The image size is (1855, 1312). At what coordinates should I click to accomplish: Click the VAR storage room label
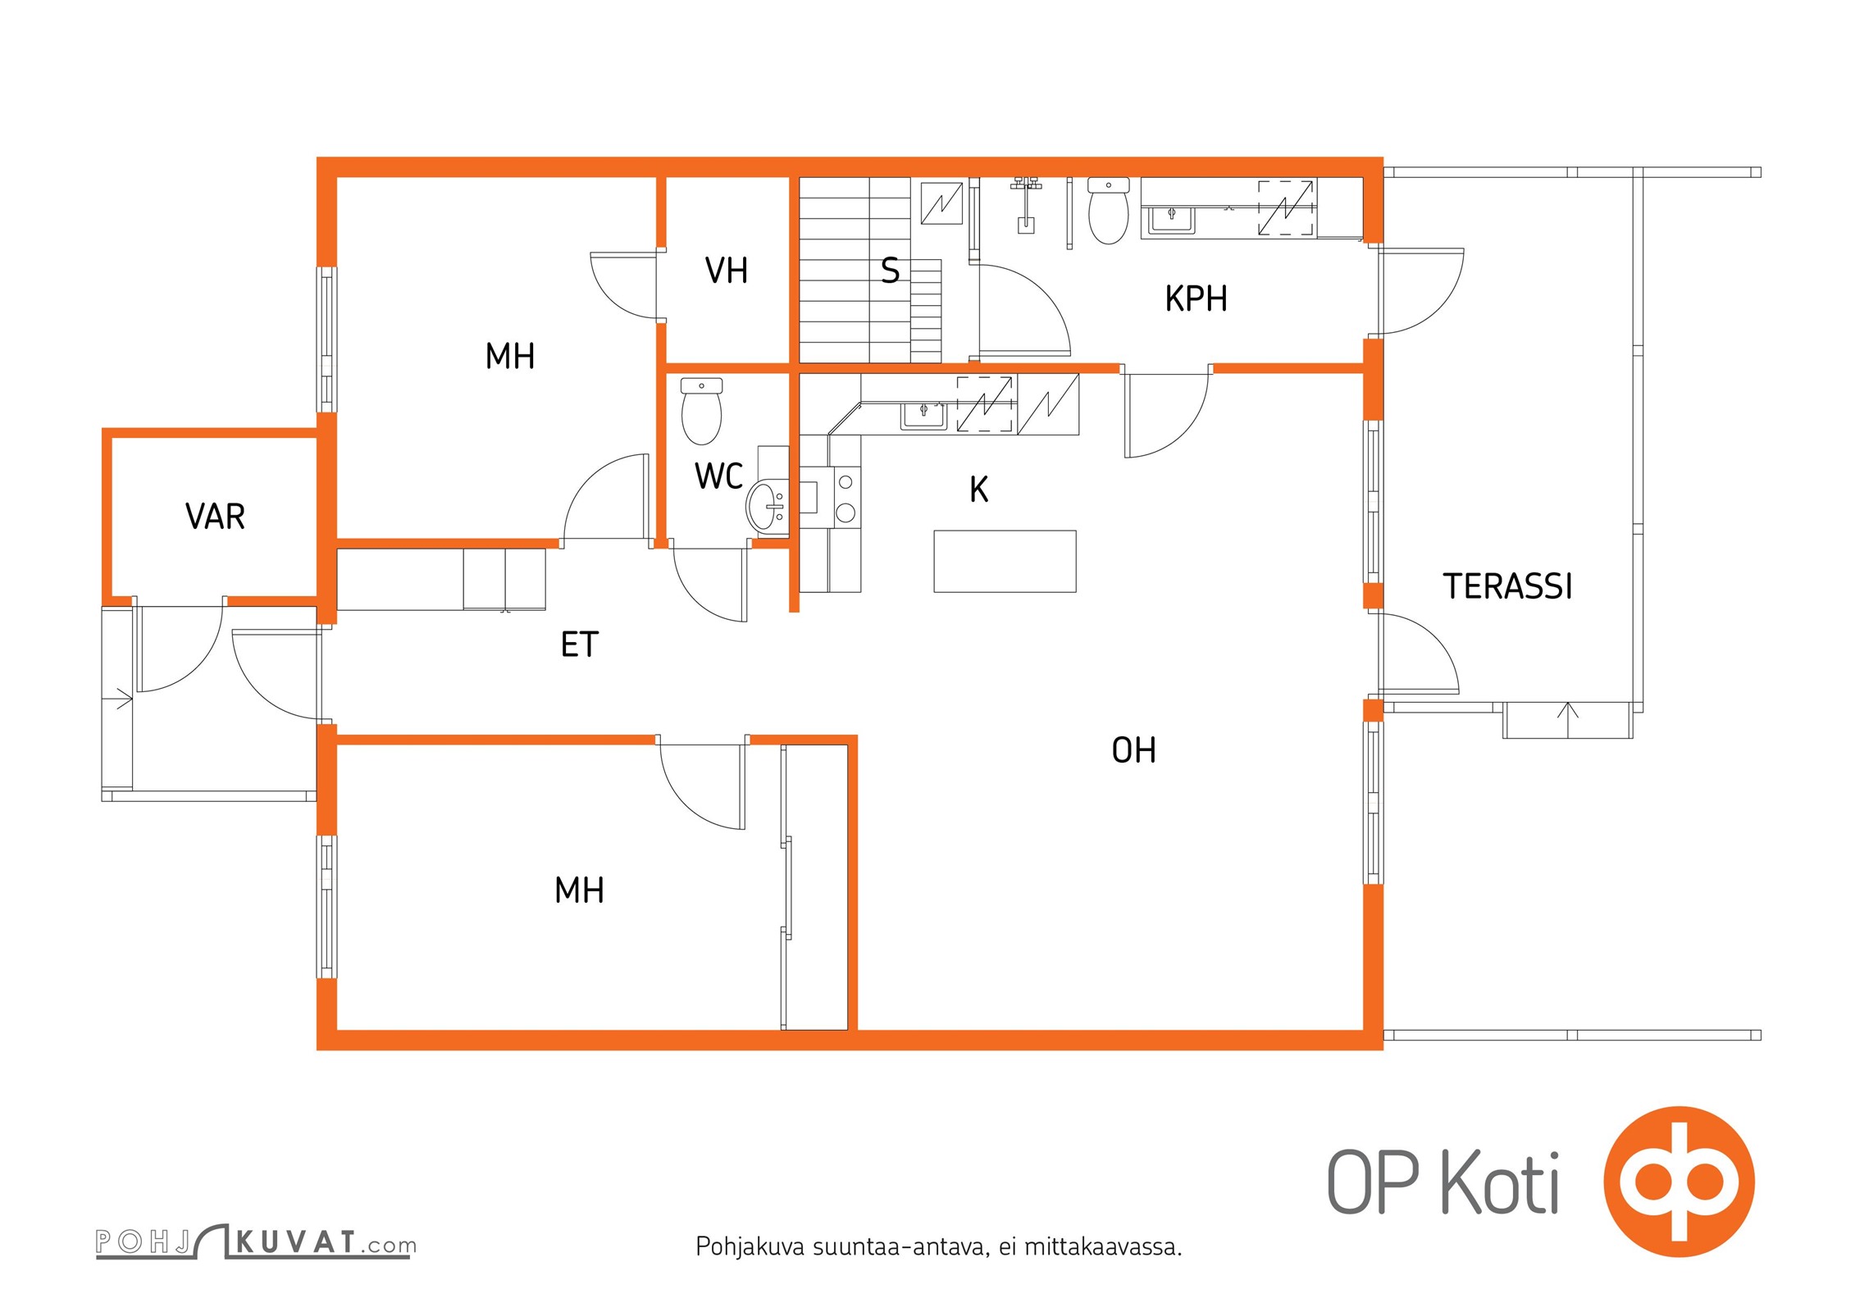pos(215,517)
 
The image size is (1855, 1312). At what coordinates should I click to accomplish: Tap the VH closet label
pos(727,271)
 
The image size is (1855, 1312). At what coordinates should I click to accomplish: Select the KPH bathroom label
pos(1196,299)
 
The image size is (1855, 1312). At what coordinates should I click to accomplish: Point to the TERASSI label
pos(1507,586)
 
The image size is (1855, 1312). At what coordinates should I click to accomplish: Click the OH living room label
pos(1133,750)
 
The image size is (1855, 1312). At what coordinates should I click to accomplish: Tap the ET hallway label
pos(580,645)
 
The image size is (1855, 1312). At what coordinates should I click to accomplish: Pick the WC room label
pos(718,476)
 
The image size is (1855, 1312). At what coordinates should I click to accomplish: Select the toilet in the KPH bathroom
pos(1108,211)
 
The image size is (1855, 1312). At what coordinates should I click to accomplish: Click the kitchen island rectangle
pos(1005,561)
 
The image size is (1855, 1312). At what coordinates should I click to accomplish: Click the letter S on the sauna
pos(890,271)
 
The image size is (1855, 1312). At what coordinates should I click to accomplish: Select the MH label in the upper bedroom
pos(509,357)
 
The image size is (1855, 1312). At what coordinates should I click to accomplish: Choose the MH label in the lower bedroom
pos(579,891)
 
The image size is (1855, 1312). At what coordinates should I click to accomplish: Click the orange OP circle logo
pos(1679,1182)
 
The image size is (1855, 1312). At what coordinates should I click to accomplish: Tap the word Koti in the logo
pos(1500,1183)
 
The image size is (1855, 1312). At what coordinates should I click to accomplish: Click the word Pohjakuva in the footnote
pos(750,1247)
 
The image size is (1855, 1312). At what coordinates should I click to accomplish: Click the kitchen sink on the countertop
pos(923,416)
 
